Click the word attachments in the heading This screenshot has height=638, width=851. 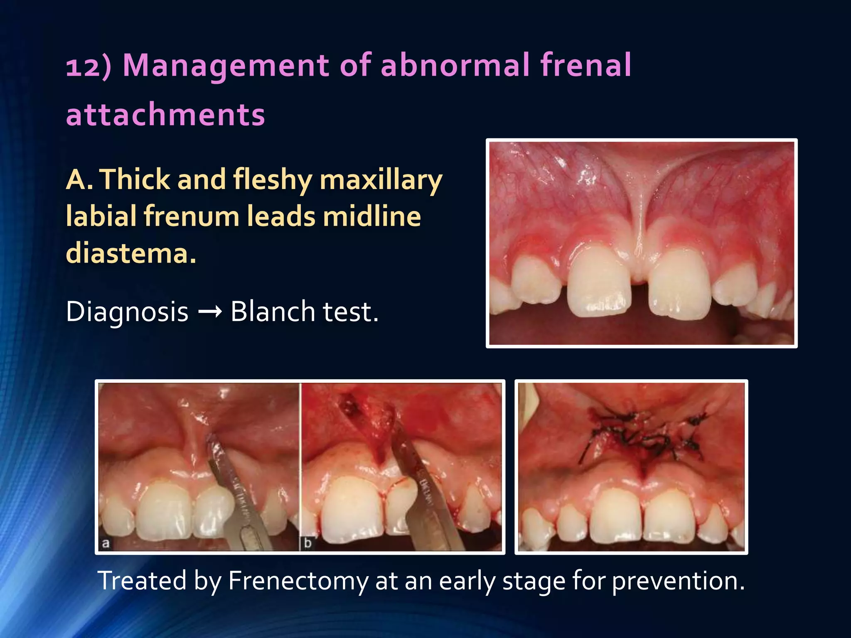[x=165, y=114]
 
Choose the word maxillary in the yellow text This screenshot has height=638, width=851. [x=381, y=180]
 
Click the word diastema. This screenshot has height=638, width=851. [x=130, y=253]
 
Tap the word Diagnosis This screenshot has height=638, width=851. [x=127, y=312]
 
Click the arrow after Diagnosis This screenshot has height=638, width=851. [x=210, y=312]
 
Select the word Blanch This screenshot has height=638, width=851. [x=273, y=312]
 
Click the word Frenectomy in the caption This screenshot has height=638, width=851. [x=298, y=581]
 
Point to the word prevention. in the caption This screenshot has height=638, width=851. [x=678, y=581]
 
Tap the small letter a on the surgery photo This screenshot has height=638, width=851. [x=106, y=543]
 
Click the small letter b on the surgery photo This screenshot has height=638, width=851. [x=308, y=543]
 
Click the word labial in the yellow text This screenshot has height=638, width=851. [x=101, y=216]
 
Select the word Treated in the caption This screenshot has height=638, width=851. [x=142, y=581]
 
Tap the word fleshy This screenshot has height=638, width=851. [x=272, y=179]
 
